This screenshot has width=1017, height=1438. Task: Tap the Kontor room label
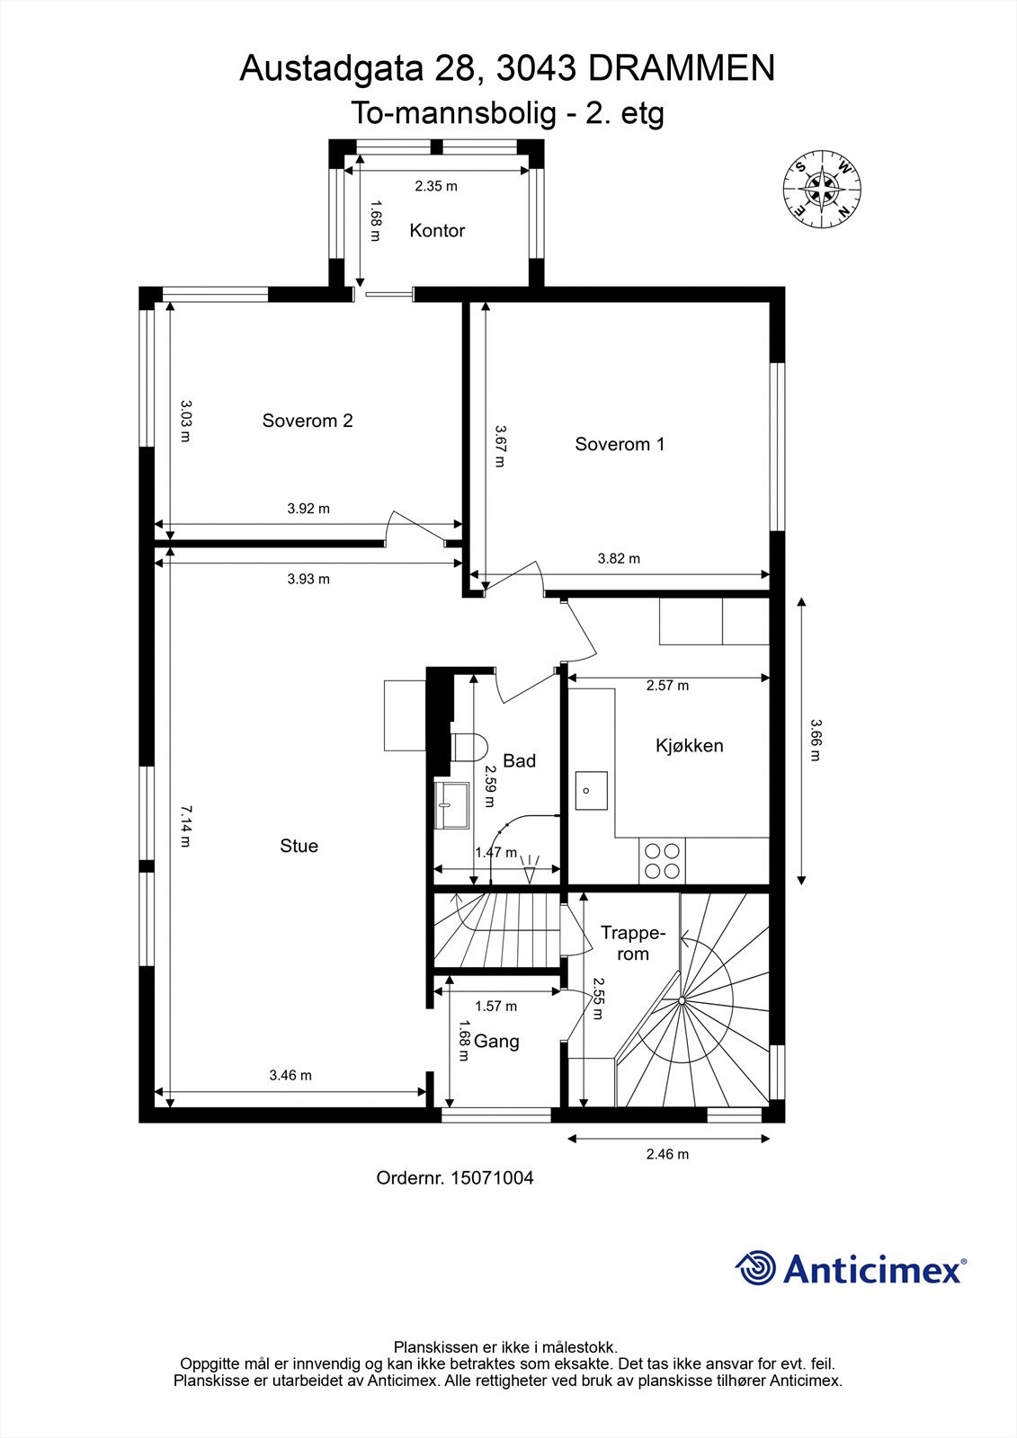(437, 231)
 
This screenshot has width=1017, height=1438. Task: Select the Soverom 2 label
(308, 421)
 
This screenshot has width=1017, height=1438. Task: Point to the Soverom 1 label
(620, 444)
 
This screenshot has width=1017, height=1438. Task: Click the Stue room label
(299, 846)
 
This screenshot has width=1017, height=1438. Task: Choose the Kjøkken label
(689, 745)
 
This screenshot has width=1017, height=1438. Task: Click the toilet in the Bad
(468, 745)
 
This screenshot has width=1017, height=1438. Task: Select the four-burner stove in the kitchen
(662, 860)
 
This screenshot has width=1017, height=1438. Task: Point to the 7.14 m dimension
(184, 826)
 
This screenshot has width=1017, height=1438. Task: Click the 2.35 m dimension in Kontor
(436, 186)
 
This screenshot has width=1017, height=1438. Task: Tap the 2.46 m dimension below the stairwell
(667, 1154)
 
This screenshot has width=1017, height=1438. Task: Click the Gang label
(496, 1042)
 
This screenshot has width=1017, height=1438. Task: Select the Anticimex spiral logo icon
(755, 1268)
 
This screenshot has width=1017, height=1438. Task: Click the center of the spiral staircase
(682, 1000)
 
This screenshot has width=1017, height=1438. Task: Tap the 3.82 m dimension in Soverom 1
(619, 558)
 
